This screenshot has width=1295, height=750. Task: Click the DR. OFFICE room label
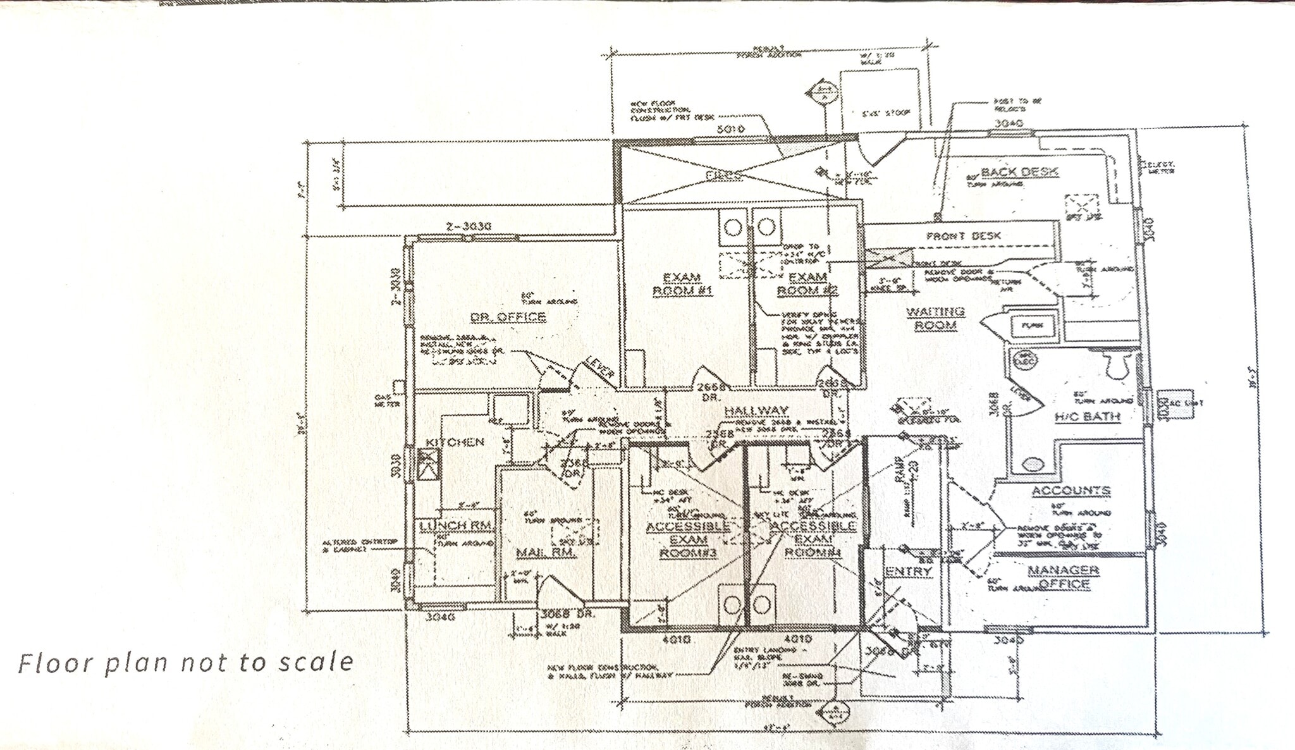508,316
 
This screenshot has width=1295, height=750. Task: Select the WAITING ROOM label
935,318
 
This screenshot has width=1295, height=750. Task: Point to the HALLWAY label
756,411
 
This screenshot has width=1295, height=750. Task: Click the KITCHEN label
455,441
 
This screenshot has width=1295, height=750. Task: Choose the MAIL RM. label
546,552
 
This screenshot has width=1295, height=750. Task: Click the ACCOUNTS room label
1071,491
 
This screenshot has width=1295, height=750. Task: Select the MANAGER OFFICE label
1063,577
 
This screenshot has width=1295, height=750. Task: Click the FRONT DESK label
963,236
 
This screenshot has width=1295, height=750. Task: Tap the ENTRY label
908,572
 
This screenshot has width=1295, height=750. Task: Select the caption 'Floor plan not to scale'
185,663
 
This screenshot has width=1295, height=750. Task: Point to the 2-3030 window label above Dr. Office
469,226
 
